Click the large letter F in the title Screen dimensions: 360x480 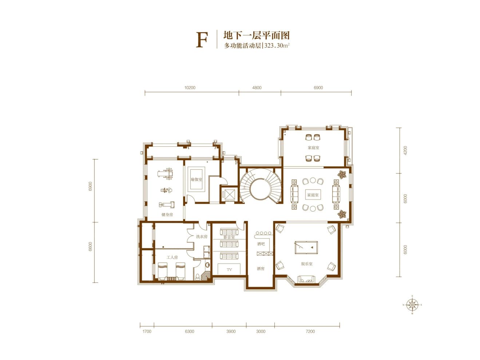[x=202, y=40]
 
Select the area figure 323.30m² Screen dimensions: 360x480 [x=277, y=46]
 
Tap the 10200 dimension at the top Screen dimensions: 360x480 [x=190, y=88]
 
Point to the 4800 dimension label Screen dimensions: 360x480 [x=257, y=88]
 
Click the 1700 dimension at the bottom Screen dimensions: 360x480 [x=147, y=332]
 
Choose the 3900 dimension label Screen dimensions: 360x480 [x=231, y=332]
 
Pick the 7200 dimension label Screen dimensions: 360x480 [x=310, y=332]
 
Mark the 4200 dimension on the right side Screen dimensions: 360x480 [x=405, y=150]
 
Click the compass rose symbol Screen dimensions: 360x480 [x=412, y=305]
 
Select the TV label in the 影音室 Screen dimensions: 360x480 [x=229, y=270]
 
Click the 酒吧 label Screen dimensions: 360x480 [x=261, y=244]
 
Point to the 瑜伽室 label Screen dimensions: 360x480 [x=197, y=179]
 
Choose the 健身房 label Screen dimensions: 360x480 [x=167, y=215]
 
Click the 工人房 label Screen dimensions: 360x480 [x=172, y=257]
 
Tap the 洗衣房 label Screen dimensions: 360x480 [x=201, y=237]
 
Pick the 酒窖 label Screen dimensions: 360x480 [x=261, y=269]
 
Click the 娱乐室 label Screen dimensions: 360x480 [x=306, y=264]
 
